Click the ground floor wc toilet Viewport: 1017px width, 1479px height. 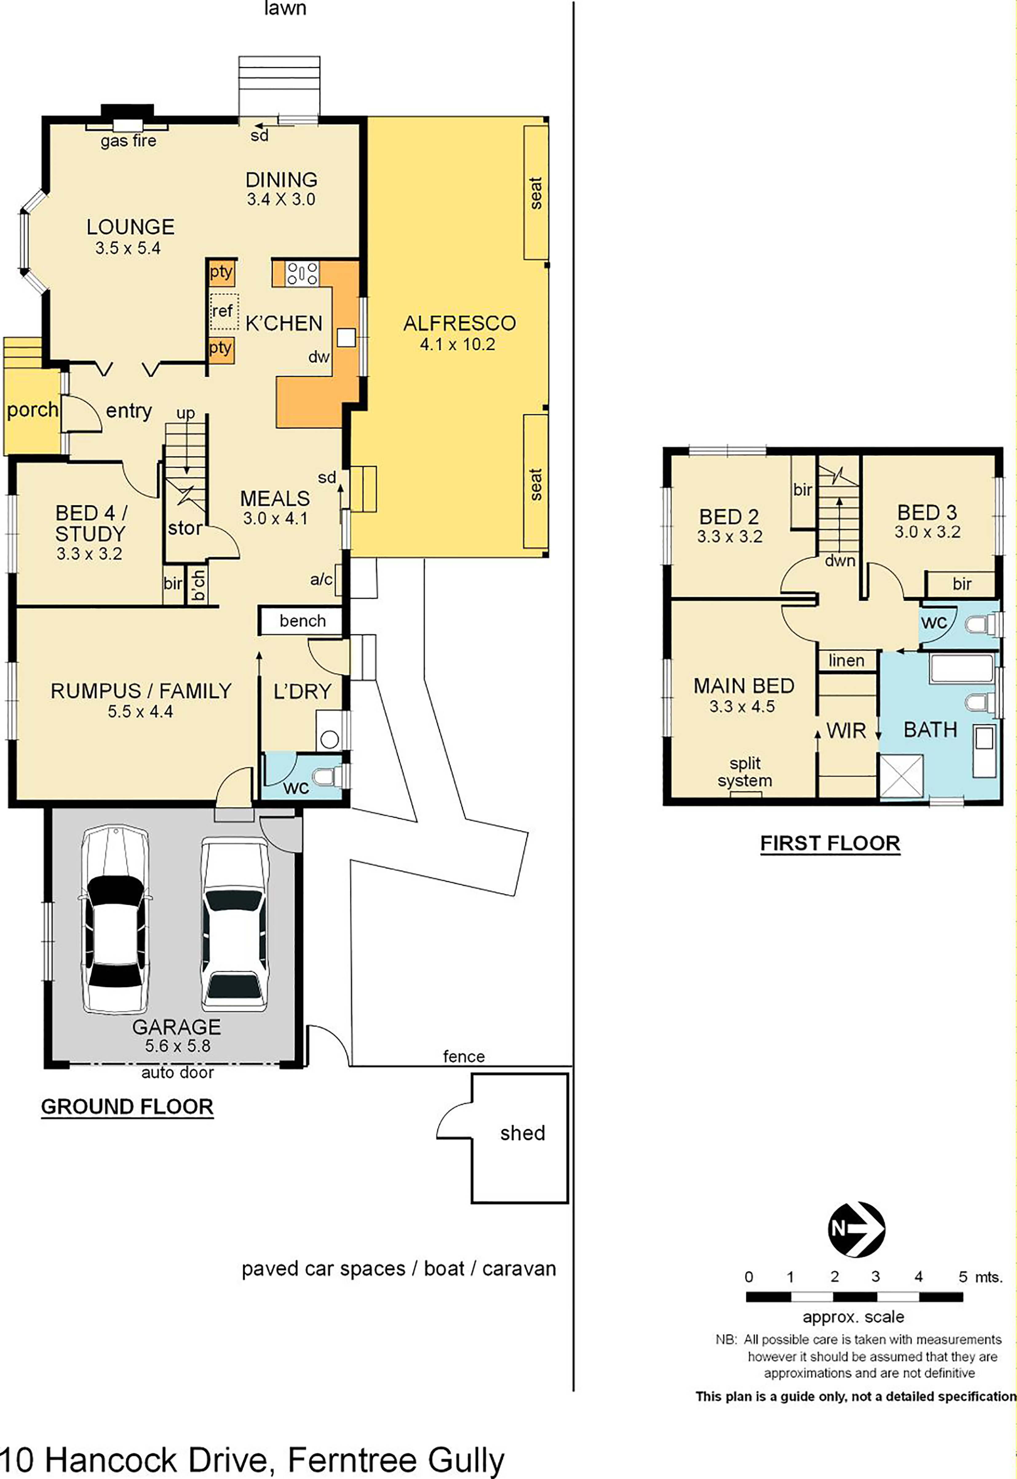333,776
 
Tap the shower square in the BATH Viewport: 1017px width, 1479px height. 901,776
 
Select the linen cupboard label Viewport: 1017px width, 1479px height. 846,660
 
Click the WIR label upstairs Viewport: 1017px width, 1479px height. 846,731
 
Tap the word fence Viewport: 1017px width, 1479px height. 464,1057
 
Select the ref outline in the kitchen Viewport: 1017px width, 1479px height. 224,311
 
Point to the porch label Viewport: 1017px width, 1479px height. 33,410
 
